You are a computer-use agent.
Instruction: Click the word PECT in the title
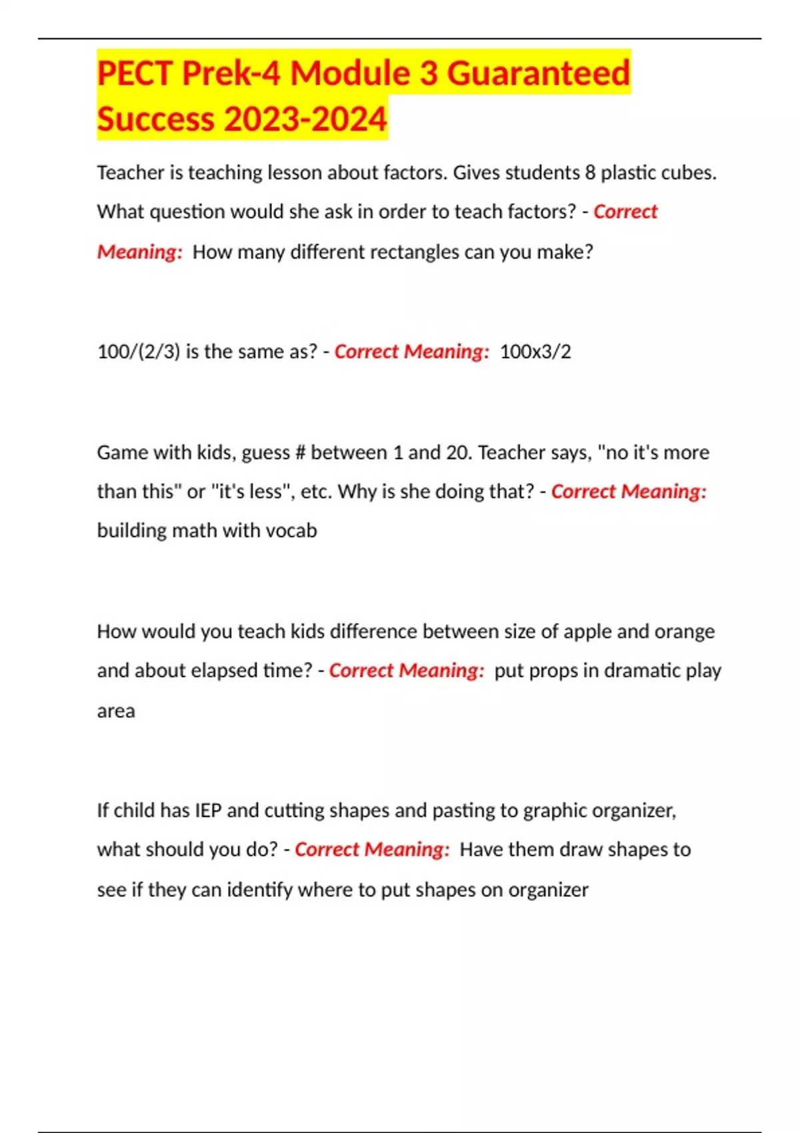(x=135, y=73)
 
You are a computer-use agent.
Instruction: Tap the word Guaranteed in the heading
(x=538, y=73)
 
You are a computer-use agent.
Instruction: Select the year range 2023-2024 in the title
(x=305, y=119)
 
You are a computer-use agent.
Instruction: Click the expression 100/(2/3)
(x=139, y=352)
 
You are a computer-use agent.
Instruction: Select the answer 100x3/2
(x=535, y=352)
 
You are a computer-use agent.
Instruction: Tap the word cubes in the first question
(x=691, y=173)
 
